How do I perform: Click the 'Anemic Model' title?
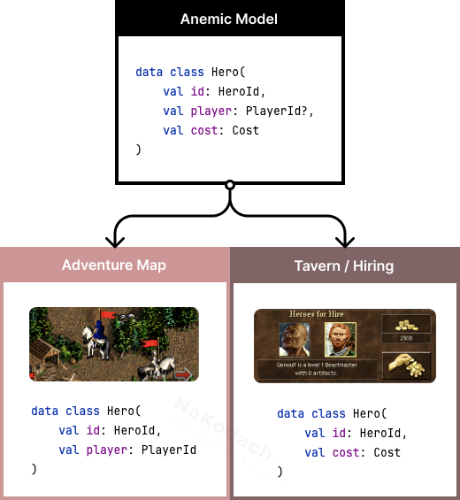pos(229,19)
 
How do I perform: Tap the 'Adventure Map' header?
pos(114,265)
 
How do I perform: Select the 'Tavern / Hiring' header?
pos(344,265)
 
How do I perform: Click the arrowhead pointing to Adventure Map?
pos(114,239)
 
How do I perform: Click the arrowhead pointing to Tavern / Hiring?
pos(345,239)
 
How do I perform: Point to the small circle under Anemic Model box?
pos(229,185)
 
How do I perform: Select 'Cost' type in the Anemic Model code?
pos(246,130)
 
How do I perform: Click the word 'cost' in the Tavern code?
pos(346,452)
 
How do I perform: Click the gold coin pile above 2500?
pos(405,324)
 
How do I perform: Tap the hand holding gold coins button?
pos(406,365)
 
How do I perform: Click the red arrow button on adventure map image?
pos(183,374)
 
